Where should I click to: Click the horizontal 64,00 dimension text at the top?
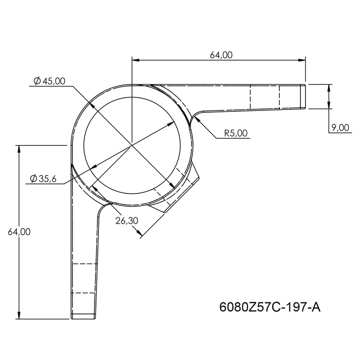click(221, 55)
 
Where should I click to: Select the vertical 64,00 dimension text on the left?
click(19, 232)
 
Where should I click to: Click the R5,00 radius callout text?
click(236, 133)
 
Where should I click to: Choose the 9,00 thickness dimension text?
click(340, 127)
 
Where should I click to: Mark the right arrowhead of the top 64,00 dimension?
click(302, 60)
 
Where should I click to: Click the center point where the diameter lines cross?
click(132, 144)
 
